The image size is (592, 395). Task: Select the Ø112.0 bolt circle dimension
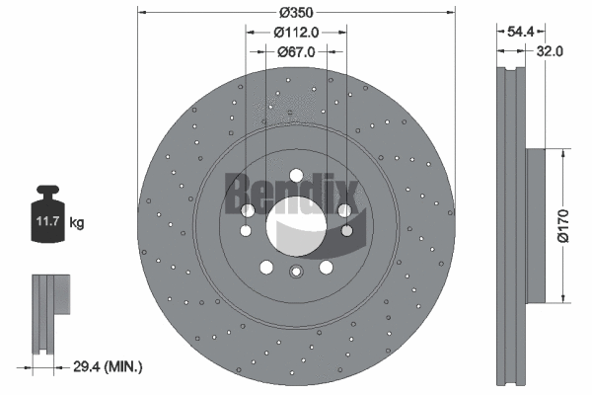[x=296, y=32]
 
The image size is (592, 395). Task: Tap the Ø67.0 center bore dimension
[x=296, y=51]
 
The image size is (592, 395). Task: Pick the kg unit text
[x=77, y=223]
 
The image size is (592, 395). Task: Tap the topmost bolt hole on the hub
[x=247, y=210]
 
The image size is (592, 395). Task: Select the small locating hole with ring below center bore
[x=295, y=273]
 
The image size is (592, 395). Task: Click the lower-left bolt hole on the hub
[x=265, y=267]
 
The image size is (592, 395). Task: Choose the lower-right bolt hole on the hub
[x=326, y=267]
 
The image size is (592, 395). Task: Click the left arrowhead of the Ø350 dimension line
[x=141, y=13]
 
